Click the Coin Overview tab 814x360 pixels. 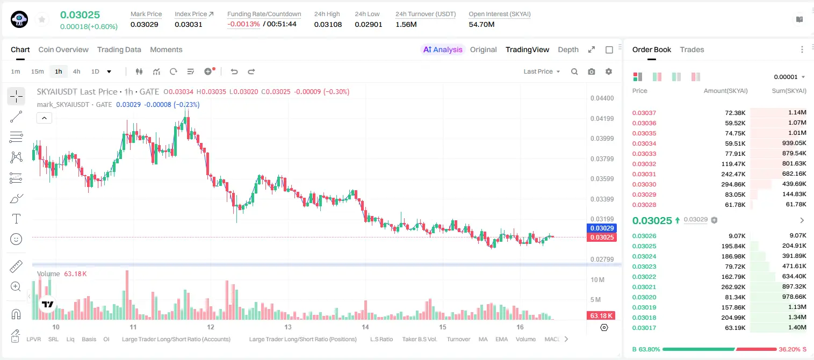(63, 49)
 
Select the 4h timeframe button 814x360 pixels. (76, 71)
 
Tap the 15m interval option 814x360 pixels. (38, 71)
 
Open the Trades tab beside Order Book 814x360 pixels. (692, 49)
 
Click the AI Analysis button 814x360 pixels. (443, 49)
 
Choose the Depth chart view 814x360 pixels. (568, 49)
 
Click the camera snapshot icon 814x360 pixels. (592, 71)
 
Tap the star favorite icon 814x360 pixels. (42, 20)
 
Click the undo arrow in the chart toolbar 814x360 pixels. (234, 71)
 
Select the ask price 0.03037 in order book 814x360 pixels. (644, 113)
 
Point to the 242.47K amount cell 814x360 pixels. (733, 174)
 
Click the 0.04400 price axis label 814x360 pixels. (602, 98)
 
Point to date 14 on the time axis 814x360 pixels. (365, 327)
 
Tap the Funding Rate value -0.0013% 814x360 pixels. (243, 24)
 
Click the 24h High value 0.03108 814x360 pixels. (328, 24)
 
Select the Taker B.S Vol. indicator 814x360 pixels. (419, 339)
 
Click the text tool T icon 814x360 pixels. (16, 219)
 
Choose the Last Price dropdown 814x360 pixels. (542, 71)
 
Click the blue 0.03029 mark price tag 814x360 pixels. (602, 228)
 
